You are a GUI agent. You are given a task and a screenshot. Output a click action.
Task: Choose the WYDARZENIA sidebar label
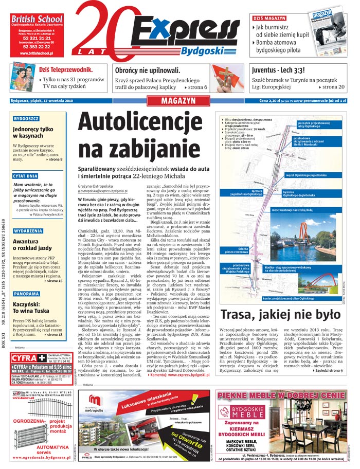tap(28, 231)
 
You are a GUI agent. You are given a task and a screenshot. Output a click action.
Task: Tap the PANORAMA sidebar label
tap(26, 294)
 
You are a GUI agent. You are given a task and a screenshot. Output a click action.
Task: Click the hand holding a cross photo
tap(227, 77)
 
